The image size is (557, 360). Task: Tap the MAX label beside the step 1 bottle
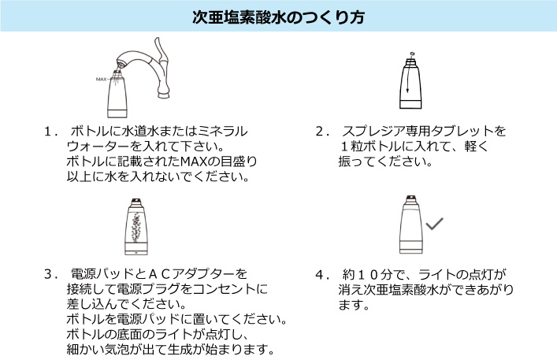pos(101,80)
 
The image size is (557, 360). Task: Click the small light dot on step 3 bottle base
pos(136,254)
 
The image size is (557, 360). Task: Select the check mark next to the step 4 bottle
pos(433,225)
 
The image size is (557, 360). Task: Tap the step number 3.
pos(50,274)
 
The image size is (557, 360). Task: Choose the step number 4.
pos(320,274)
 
